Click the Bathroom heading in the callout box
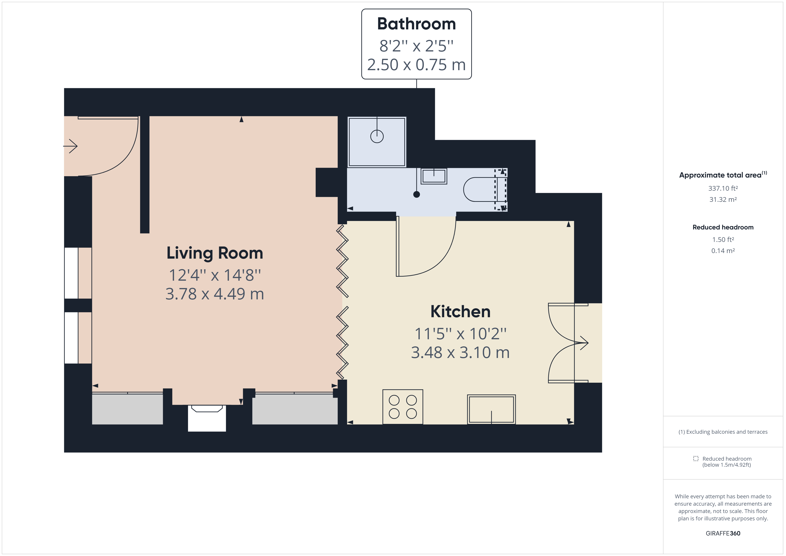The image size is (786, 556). click(416, 24)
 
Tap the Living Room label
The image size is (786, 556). click(215, 253)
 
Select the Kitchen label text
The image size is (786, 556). click(460, 312)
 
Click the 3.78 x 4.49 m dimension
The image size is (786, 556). click(215, 294)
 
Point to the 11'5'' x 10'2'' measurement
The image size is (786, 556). click(460, 333)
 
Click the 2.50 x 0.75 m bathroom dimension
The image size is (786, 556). click(416, 65)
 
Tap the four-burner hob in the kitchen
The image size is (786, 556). click(403, 407)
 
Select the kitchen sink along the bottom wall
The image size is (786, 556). click(491, 409)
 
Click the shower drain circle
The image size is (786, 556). click(377, 137)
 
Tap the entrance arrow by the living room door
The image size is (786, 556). click(71, 146)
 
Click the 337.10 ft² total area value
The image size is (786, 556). click(723, 188)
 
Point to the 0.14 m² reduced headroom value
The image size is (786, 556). click(723, 251)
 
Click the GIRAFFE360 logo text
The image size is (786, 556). click(723, 533)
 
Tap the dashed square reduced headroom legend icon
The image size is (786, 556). click(696, 458)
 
